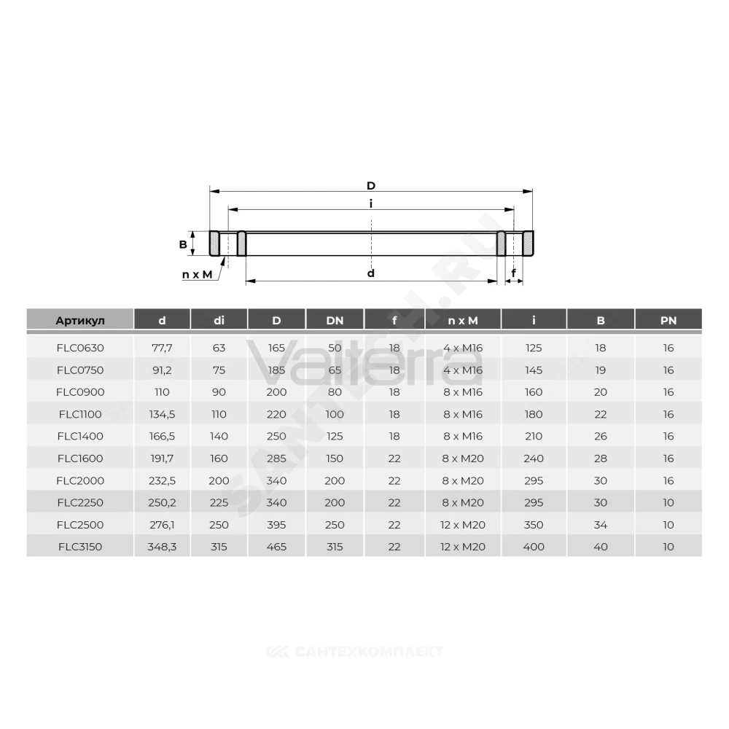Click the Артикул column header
(x=80, y=320)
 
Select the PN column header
(x=668, y=320)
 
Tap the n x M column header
(x=463, y=320)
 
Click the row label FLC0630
(x=80, y=348)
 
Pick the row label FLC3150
(x=80, y=547)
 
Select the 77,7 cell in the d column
(x=162, y=348)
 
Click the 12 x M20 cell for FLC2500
(x=463, y=525)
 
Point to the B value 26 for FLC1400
(x=600, y=436)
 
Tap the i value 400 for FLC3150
(x=534, y=547)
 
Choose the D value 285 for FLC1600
(x=276, y=459)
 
